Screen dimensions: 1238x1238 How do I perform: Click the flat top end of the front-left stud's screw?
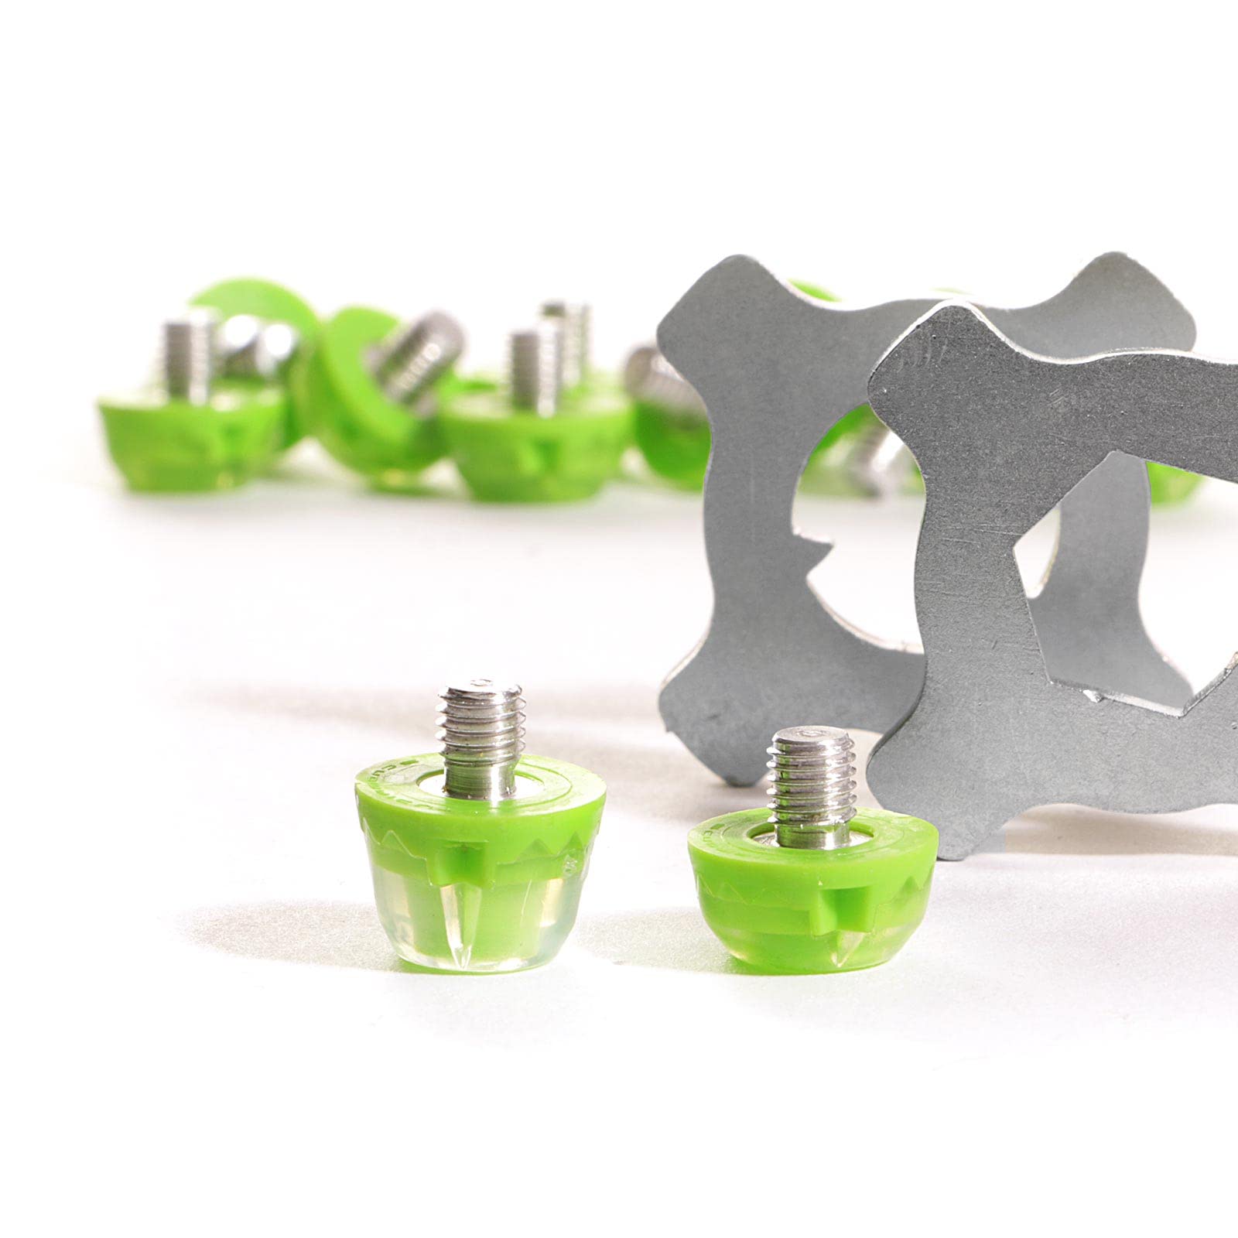pos(479,686)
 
